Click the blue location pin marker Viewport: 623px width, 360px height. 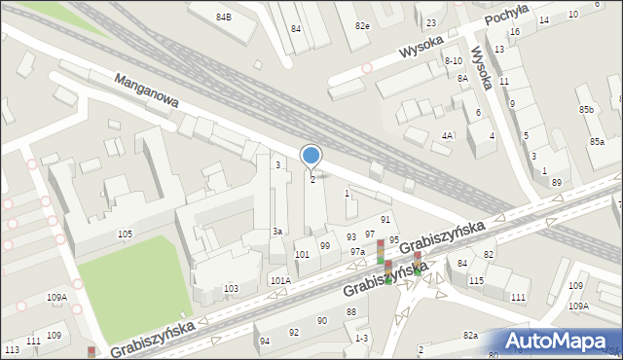(x=311, y=157)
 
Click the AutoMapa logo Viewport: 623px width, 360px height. (x=560, y=341)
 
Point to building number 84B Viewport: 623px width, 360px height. (x=224, y=18)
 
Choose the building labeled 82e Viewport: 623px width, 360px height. (x=362, y=25)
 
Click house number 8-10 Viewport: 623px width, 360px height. (x=453, y=60)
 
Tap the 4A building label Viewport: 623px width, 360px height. (x=447, y=135)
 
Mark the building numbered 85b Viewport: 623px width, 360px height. (x=585, y=110)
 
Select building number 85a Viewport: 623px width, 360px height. (x=596, y=142)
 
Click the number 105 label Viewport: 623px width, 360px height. (x=125, y=234)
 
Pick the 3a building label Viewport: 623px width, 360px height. (x=277, y=231)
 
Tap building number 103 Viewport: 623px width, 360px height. (x=231, y=289)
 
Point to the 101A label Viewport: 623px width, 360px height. (x=280, y=280)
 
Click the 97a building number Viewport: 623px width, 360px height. (x=357, y=252)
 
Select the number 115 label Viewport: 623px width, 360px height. (x=476, y=280)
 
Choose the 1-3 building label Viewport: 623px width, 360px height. (x=361, y=338)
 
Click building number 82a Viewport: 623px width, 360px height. (x=470, y=335)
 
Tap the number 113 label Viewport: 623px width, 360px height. (x=12, y=349)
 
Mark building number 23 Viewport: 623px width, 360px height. (x=430, y=22)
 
